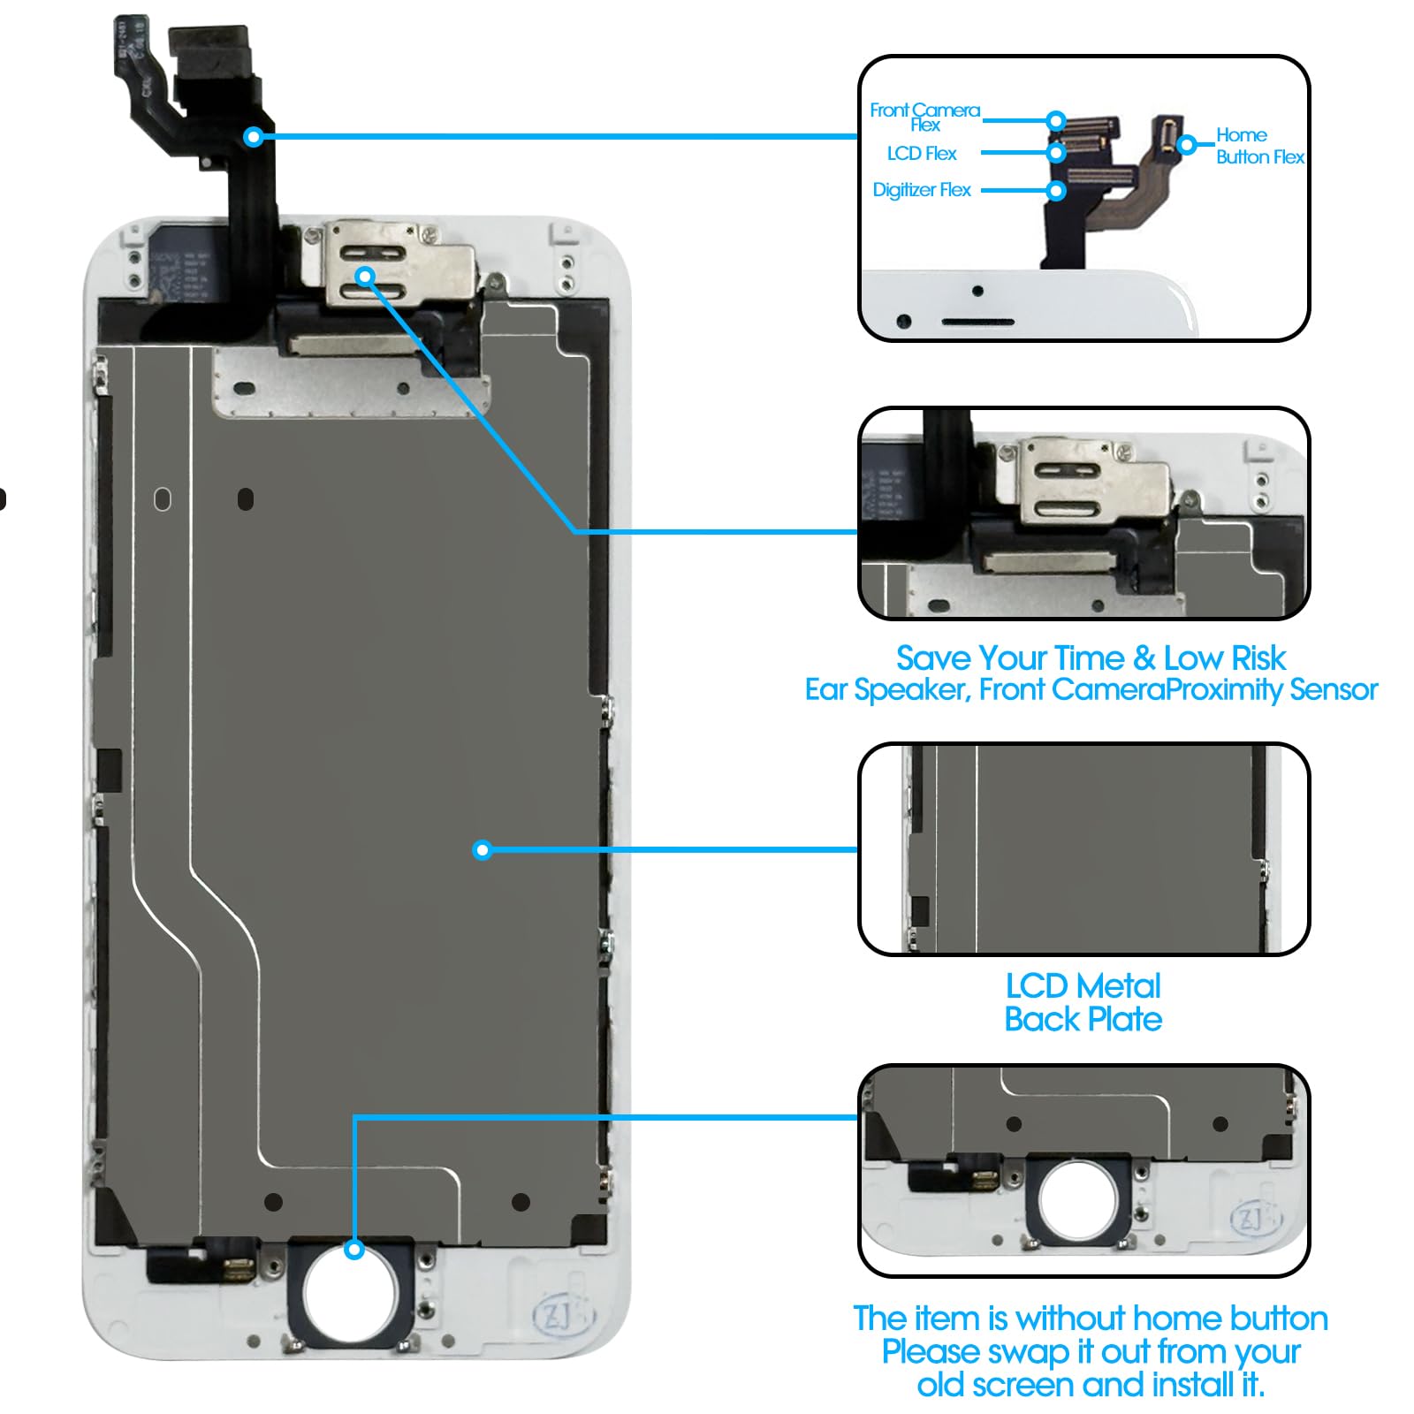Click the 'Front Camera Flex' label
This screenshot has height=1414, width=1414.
(924, 116)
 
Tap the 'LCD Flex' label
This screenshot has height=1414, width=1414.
(922, 154)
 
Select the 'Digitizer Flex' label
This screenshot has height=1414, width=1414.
(921, 190)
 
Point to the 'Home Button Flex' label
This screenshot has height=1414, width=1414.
(1258, 146)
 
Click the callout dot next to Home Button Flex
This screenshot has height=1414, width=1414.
(1187, 144)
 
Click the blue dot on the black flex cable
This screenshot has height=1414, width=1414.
(254, 136)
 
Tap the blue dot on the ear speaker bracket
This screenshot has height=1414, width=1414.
(366, 277)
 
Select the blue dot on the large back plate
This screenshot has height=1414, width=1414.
(482, 850)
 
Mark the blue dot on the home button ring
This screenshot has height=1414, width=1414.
(354, 1250)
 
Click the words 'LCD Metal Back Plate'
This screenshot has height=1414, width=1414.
(1083, 1002)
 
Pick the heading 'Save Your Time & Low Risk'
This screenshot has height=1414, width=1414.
(1091, 658)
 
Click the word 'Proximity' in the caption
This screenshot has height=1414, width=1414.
(1224, 689)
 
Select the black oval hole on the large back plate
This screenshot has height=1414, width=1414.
(246, 499)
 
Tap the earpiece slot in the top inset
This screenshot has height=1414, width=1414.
(977, 323)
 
